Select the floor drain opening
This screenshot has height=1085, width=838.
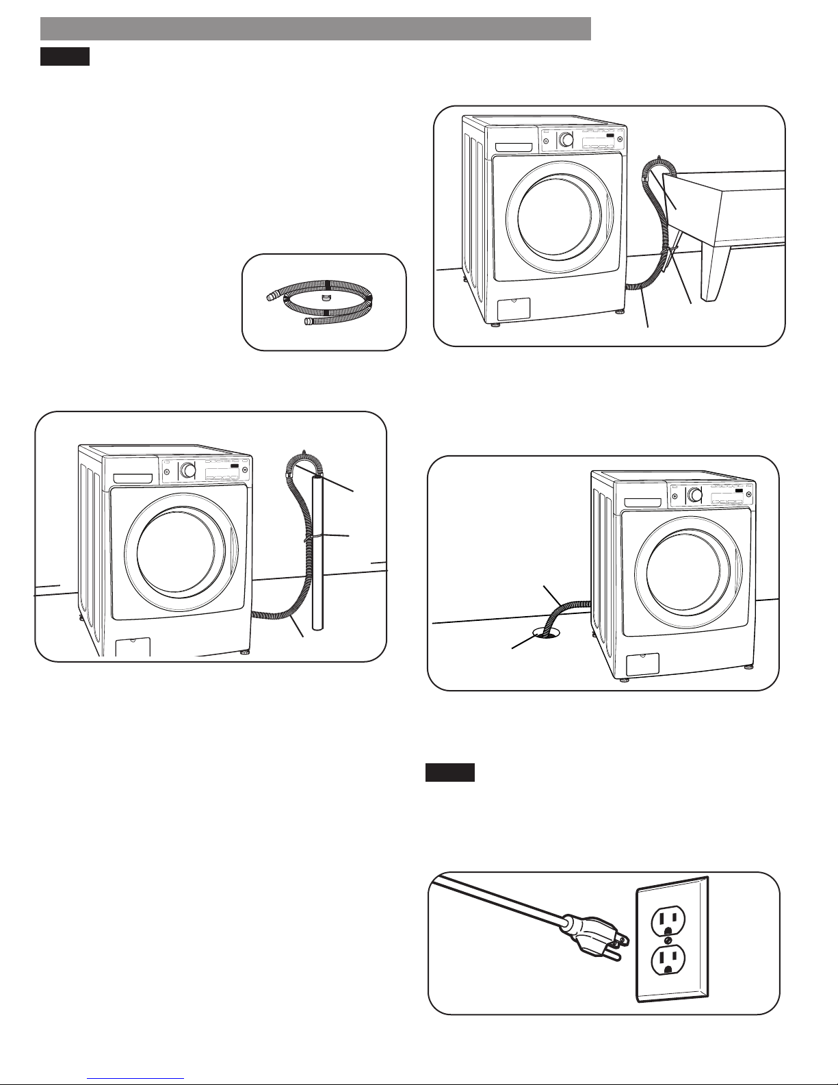pos(546,633)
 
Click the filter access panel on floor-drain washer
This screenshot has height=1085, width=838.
pos(643,664)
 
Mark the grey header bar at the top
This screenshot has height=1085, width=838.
pos(315,29)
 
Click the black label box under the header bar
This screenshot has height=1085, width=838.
pos(65,56)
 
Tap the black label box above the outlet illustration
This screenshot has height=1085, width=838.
pos(450,773)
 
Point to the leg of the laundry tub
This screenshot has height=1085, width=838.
pos(715,274)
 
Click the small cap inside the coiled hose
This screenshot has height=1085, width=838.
pos(324,299)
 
